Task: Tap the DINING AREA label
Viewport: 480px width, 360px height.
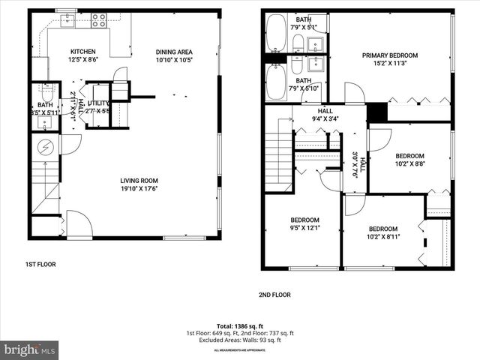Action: (174, 52)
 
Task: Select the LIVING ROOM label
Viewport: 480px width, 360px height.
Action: (139, 180)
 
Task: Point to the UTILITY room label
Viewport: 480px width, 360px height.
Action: (98, 103)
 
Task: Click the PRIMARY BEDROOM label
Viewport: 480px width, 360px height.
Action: (390, 55)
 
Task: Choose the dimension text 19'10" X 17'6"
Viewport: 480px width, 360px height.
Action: (139, 189)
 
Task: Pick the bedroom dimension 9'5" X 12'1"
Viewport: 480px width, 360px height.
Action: (304, 228)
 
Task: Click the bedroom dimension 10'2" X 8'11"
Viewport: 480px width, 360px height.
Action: (382, 237)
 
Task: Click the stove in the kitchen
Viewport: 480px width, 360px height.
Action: (98, 21)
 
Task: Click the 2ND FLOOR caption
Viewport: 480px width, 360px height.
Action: (274, 295)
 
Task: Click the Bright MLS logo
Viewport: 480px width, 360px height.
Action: (30, 349)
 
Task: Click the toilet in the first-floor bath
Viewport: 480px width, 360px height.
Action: (46, 94)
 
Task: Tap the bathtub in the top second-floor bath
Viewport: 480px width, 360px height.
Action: (276, 34)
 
